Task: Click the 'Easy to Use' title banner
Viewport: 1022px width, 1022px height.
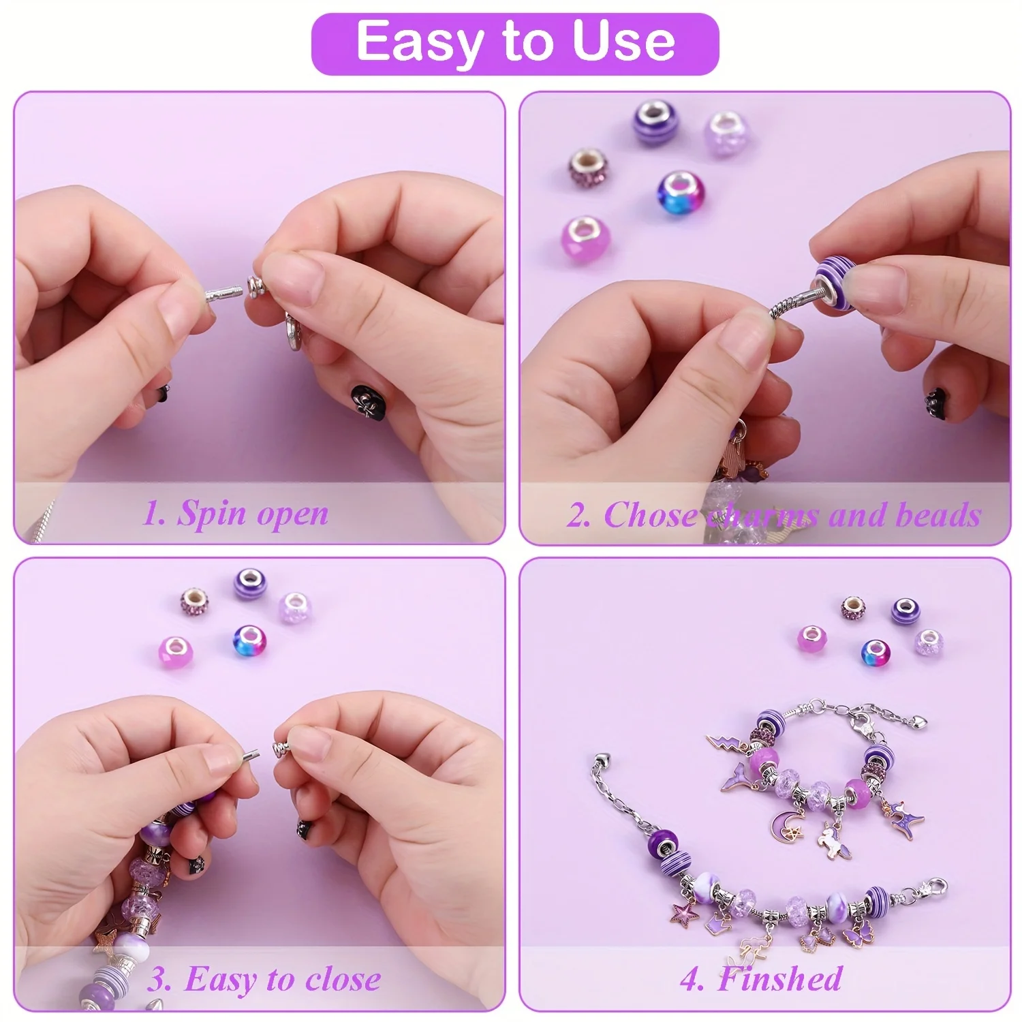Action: point(515,42)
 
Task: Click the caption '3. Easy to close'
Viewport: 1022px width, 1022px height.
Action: point(264,980)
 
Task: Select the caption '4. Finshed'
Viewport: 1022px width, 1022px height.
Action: point(761,979)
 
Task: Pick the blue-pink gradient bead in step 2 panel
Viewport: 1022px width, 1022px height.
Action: point(680,190)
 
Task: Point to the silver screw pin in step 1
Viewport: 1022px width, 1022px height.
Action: point(223,296)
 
